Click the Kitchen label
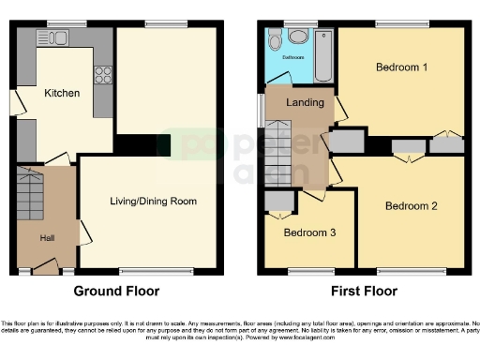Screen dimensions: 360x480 (x=61, y=93)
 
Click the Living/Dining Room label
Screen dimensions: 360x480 (x=153, y=201)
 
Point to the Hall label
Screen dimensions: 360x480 (x=47, y=238)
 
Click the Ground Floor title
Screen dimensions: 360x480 (x=116, y=291)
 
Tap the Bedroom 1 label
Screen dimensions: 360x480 (x=401, y=67)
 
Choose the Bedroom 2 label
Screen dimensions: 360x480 (x=411, y=205)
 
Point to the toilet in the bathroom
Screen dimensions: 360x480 (x=275, y=40)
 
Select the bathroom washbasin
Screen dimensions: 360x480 (x=297, y=37)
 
